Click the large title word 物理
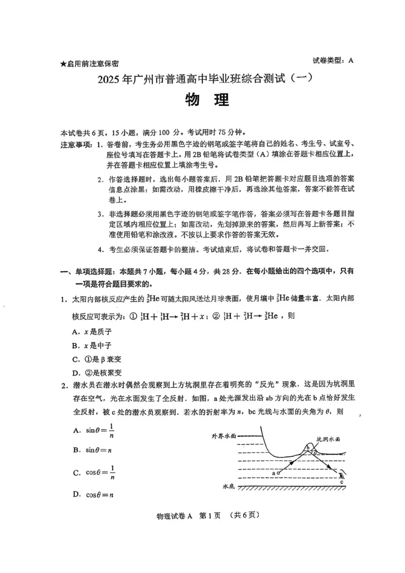tap(207, 100)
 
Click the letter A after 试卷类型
tap(350, 61)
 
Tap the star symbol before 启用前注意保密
tap(63, 64)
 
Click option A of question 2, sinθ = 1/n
tap(94, 431)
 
